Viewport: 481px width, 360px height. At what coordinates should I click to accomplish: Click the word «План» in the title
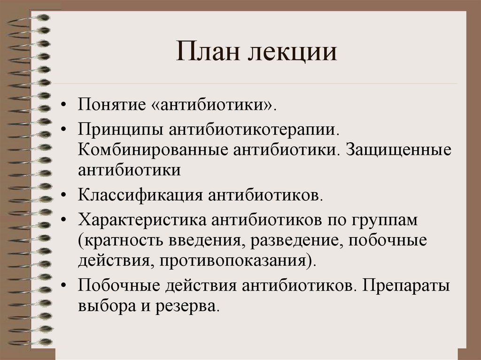click(206, 52)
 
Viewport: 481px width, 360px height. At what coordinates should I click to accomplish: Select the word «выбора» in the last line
click(104, 307)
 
